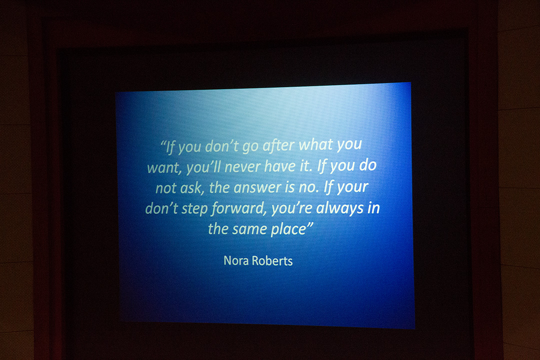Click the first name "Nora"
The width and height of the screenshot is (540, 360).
point(236,260)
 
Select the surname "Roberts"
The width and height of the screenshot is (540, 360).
point(272,261)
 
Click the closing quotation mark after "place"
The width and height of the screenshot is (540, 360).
point(309,225)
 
